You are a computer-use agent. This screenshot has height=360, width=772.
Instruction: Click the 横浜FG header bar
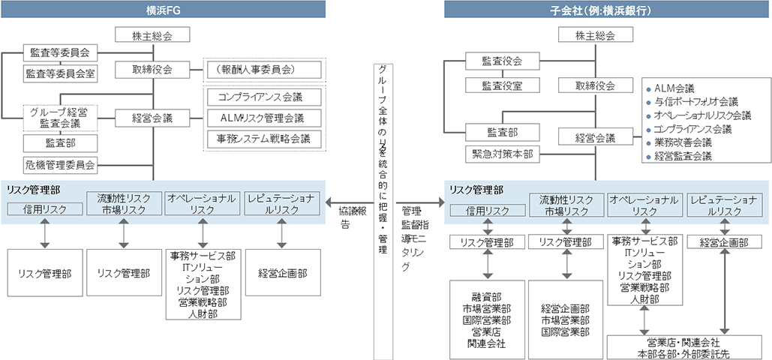pos(163,9)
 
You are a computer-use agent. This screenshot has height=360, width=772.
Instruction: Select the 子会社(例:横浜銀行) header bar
pos(608,9)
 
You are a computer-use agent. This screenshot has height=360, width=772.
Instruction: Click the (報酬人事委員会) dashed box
pos(265,70)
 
